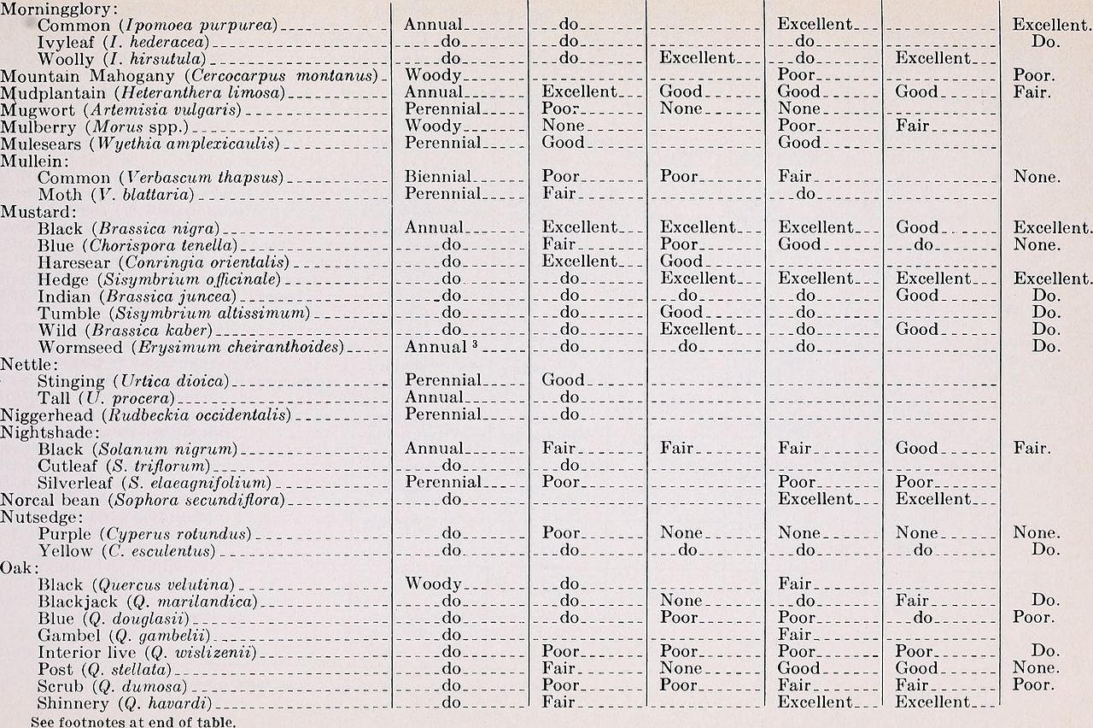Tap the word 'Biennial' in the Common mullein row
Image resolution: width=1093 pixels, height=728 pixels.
coord(437,178)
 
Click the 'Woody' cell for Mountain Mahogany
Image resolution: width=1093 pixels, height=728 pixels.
coord(433,76)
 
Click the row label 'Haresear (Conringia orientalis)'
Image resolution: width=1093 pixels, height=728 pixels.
coord(163,261)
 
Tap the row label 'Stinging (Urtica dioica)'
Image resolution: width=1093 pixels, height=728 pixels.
coord(133,380)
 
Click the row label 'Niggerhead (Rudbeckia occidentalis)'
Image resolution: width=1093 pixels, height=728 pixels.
coord(146,414)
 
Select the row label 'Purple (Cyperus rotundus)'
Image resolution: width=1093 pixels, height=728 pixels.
coord(145,533)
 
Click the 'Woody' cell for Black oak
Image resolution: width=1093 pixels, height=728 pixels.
coord(433,584)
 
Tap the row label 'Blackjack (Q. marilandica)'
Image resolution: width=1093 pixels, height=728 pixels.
coord(148,602)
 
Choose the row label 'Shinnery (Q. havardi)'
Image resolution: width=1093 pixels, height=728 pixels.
coord(125,703)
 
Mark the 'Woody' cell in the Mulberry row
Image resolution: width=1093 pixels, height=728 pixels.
coord(433,126)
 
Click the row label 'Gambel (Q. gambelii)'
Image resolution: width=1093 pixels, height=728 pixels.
coord(124,635)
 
